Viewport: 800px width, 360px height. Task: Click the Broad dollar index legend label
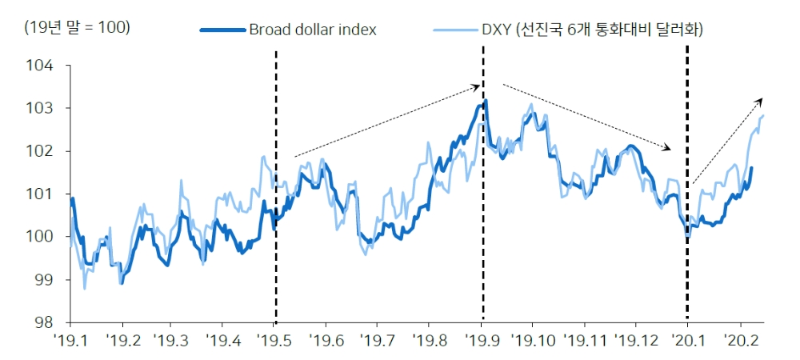point(313,30)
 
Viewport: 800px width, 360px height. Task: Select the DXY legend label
point(589,30)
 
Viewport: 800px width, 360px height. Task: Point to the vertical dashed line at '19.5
point(276,184)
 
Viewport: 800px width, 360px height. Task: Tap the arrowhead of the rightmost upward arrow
point(761,100)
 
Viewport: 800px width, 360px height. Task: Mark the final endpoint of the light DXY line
point(764,115)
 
